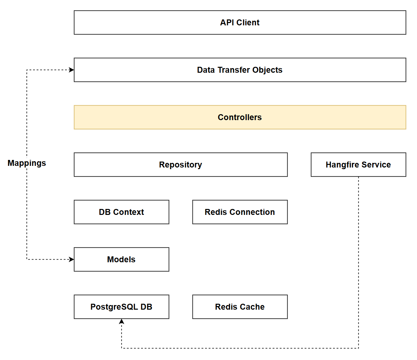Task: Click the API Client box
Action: (240, 22)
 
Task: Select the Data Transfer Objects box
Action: (240, 70)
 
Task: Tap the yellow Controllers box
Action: (240, 117)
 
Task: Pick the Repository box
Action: (180, 165)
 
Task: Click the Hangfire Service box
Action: (358, 165)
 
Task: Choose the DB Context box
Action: (121, 212)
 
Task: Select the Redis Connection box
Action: (240, 212)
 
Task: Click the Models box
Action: (121, 259)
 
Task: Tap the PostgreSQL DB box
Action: (121, 307)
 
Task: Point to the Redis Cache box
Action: (240, 307)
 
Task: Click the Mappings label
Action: (27, 163)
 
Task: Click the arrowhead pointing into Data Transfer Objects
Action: (71, 70)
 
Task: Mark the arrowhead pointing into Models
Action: (71, 259)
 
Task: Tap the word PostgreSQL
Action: (114, 307)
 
